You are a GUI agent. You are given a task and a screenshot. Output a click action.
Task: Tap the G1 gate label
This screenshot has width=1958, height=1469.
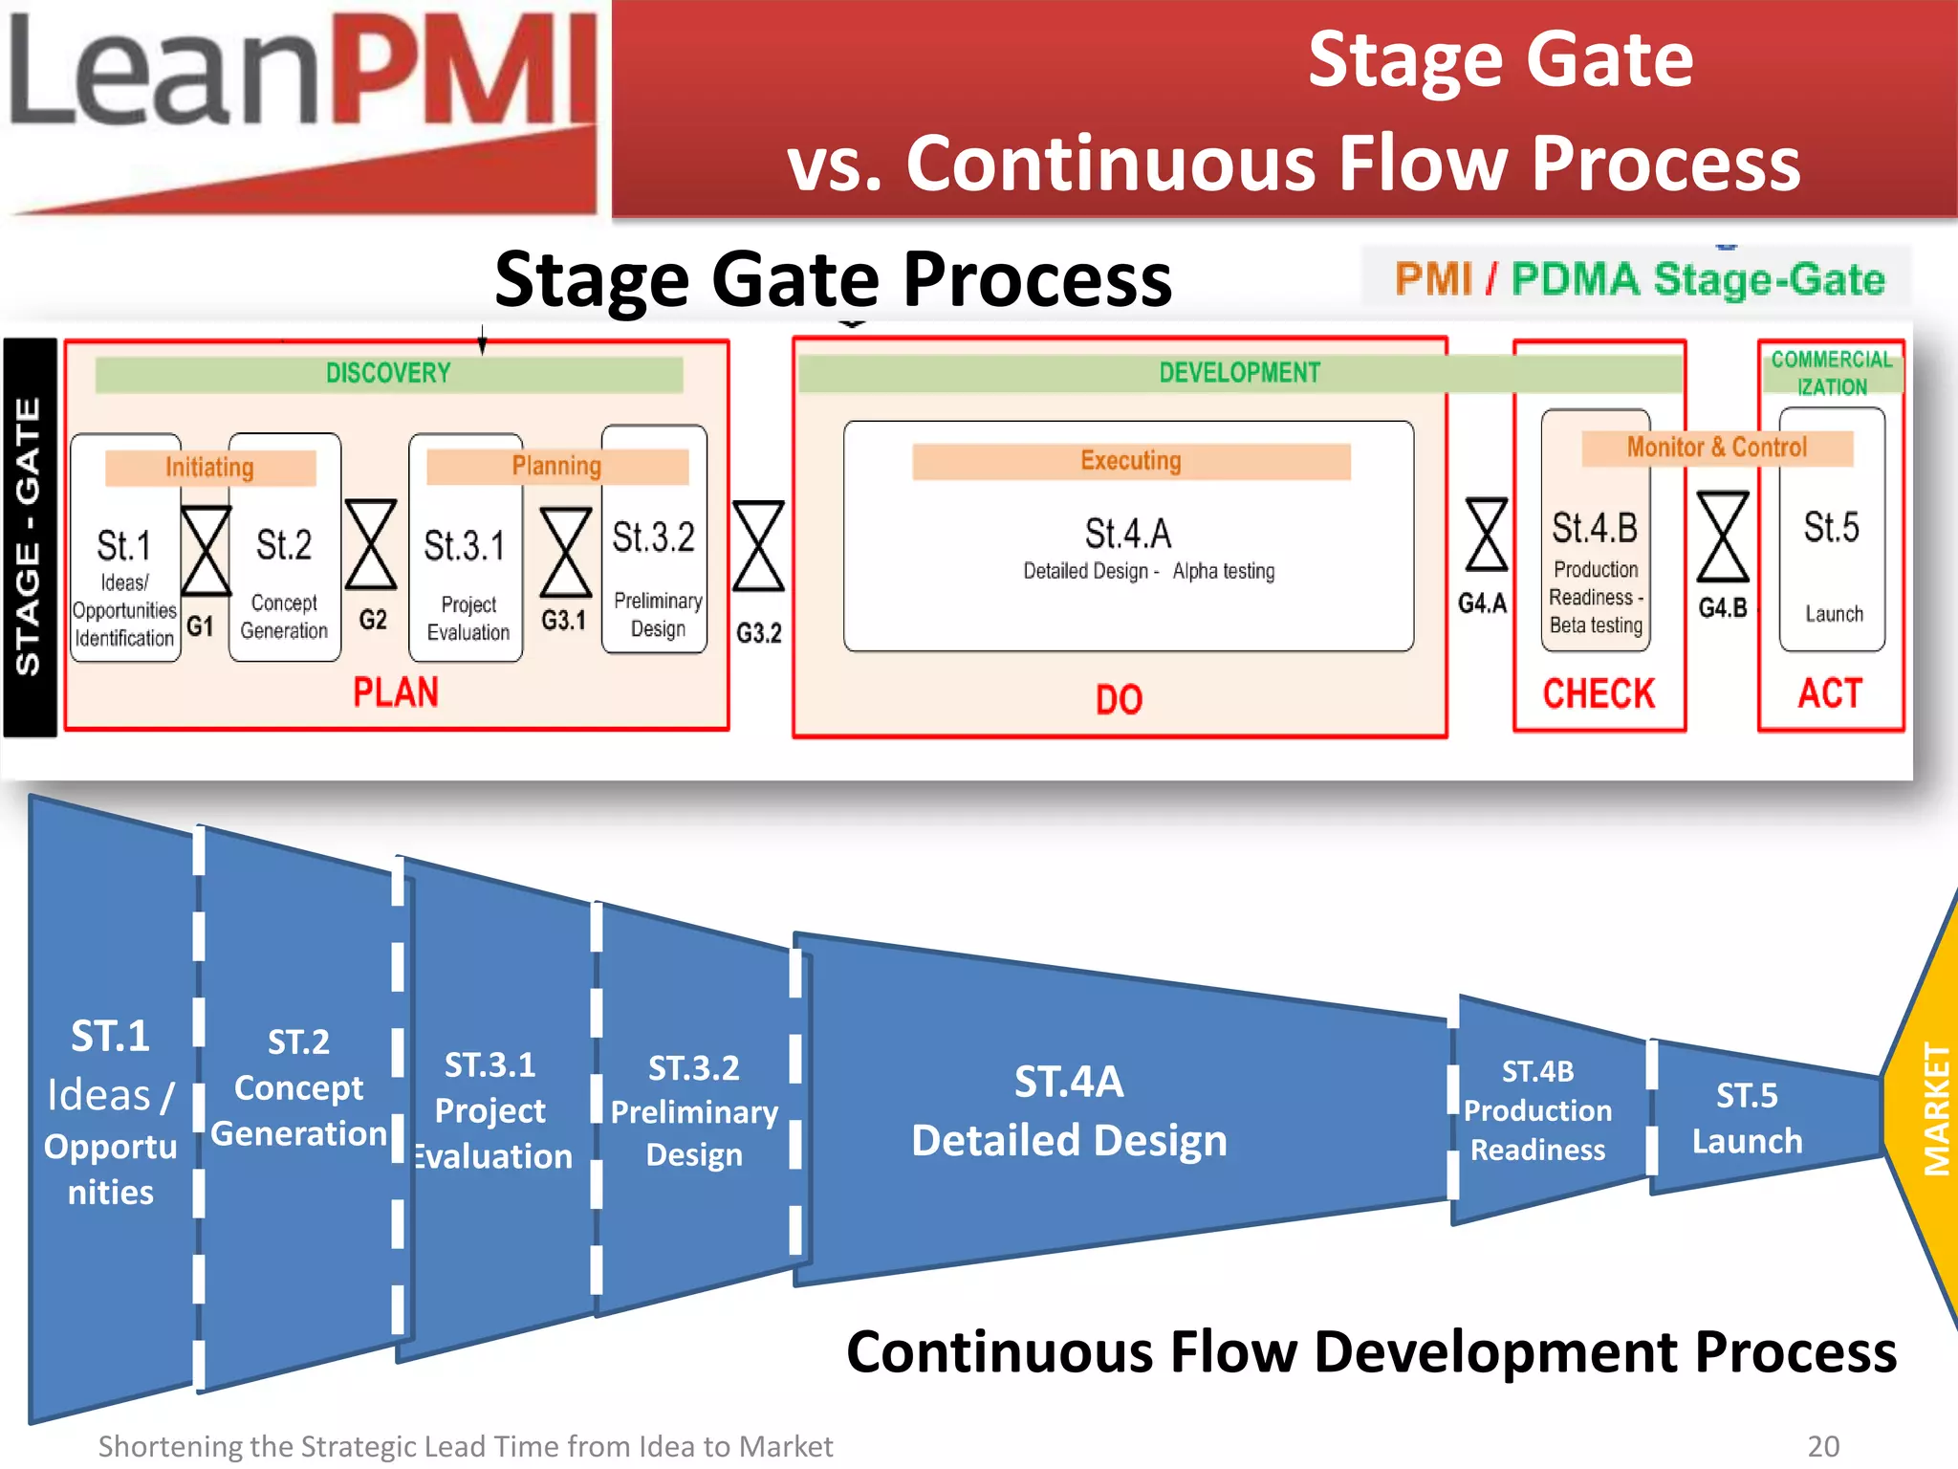click(x=200, y=626)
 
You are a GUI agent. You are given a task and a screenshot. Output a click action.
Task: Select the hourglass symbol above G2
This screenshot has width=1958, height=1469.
click(x=371, y=544)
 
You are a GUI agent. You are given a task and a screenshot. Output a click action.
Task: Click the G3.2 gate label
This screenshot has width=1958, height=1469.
click(x=758, y=633)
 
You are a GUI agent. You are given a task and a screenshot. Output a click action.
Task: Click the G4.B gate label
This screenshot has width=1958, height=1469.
click(x=1723, y=608)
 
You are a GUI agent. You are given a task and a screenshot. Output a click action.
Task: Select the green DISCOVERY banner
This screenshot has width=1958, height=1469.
click(x=388, y=374)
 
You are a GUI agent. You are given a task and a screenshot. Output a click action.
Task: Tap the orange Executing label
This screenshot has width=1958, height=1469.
click(x=1131, y=461)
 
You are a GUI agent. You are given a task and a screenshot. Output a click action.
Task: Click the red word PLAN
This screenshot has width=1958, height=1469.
click(x=396, y=692)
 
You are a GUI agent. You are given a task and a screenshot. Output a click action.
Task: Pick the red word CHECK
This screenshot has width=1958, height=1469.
click(x=1599, y=694)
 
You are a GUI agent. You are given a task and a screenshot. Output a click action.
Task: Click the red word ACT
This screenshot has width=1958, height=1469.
click(x=1830, y=693)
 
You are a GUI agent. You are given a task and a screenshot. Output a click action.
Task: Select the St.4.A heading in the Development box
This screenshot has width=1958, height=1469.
click(x=1127, y=534)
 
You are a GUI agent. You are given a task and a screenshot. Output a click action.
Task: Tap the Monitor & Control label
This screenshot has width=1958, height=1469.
click(x=1717, y=448)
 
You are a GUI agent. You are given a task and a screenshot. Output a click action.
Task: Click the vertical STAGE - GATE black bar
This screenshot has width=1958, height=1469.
click(x=29, y=537)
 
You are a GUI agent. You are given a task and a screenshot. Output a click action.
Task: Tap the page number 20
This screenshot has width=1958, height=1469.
click(x=1823, y=1446)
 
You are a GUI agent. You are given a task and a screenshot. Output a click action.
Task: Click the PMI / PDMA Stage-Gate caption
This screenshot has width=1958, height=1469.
click(x=1639, y=279)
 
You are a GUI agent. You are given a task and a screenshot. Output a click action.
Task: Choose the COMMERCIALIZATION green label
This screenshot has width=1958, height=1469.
click(x=1831, y=373)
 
